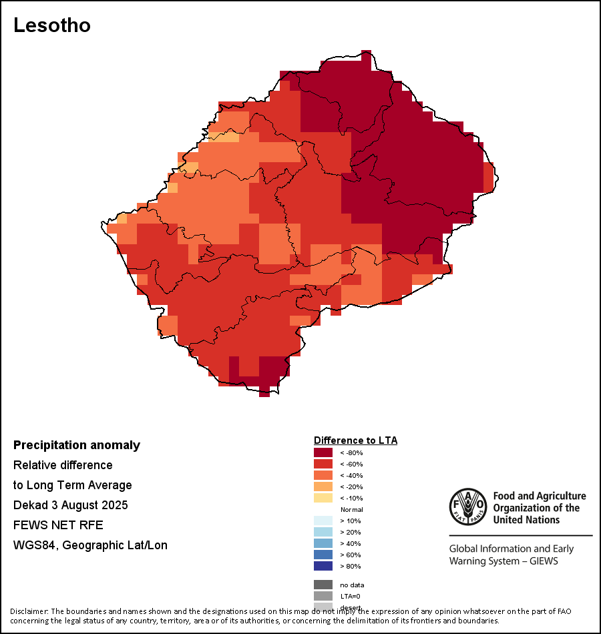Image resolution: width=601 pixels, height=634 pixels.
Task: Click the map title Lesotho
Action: click(x=52, y=25)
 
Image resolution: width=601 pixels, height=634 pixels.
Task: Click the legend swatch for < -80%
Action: click(x=323, y=452)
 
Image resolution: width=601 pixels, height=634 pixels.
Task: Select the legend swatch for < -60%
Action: click(x=323, y=464)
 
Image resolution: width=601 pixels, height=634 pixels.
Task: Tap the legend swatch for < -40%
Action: click(x=323, y=475)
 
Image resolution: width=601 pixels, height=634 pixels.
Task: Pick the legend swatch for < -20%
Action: click(x=323, y=487)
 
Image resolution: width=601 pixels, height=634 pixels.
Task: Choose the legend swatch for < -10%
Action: click(x=323, y=498)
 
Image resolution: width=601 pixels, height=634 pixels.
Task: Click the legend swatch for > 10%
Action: click(x=323, y=521)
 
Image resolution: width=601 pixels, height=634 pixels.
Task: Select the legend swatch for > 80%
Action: click(x=323, y=566)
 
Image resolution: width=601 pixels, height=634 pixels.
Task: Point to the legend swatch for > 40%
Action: click(x=323, y=543)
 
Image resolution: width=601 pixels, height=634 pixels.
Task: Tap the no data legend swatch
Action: click(x=323, y=585)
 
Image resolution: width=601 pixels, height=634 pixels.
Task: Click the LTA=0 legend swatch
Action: click(x=323, y=596)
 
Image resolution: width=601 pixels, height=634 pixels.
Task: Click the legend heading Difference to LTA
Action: click(x=355, y=440)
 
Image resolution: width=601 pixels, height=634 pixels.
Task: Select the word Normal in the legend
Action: click(x=351, y=509)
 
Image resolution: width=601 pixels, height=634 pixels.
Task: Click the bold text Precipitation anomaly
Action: click(x=77, y=445)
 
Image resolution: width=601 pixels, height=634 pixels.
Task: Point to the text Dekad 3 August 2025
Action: click(x=71, y=505)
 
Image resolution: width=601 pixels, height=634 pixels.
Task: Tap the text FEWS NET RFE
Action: click(x=58, y=525)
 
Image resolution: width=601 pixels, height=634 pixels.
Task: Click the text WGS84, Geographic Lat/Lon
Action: click(x=90, y=545)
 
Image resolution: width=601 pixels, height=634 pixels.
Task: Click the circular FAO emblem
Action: click(x=467, y=507)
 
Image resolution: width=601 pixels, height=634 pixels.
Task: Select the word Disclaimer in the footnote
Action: click(x=28, y=611)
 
